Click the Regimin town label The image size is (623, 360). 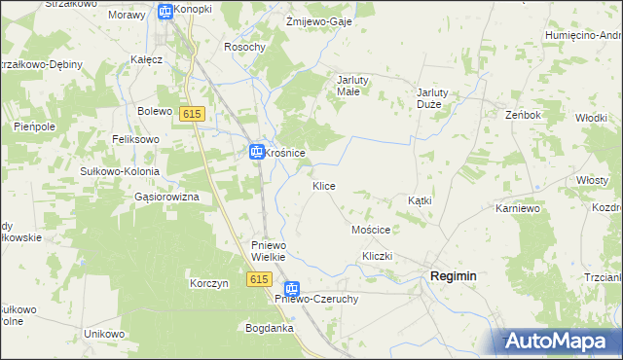tap(453, 276)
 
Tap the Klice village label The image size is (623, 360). tap(324, 185)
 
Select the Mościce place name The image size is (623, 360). tap(370, 230)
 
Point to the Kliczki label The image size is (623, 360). tap(377, 256)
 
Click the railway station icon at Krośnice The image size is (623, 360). tap(255, 152)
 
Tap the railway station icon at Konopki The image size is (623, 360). tap(165, 12)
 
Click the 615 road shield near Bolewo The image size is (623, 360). tap(192, 114)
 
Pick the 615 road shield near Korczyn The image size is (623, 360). tap(258, 279)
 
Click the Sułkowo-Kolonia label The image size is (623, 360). tap(119, 170)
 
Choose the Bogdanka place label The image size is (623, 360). tap(270, 328)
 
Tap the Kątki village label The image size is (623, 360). tap(420, 200)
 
